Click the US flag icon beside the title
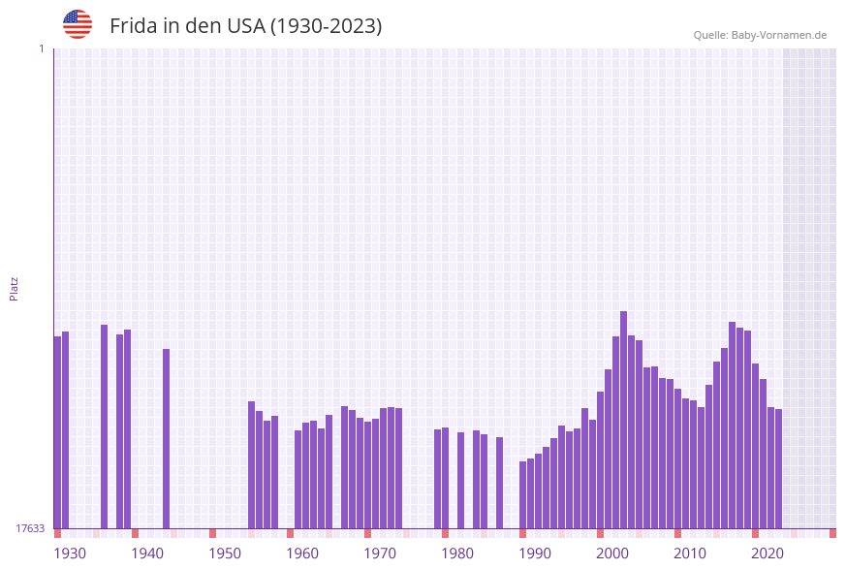click(78, 24)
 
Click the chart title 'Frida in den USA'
click(245, 26)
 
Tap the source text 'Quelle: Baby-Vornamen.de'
click(760, 35)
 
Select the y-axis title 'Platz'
click(14, 288)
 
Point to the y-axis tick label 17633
click(30, 528)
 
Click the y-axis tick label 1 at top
click(41, 48)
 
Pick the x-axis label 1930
click(70, 553)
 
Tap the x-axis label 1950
click(225, 553)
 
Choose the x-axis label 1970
click(380, 553)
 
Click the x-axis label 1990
click(535, 553)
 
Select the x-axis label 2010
click(690, 553)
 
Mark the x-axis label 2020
click(768, 553)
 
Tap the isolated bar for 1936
click(104, 427)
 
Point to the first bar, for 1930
click(57, 432)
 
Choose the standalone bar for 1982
click(460, 480)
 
